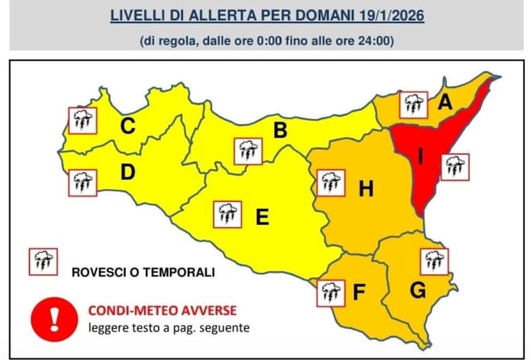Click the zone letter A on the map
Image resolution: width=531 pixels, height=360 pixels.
pyautogui.click(x=445, y=103)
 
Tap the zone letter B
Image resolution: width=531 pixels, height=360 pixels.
pyautogui.click(x=280, y=130)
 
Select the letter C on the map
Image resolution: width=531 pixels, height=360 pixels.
pyautogui.click(x=127, y=127)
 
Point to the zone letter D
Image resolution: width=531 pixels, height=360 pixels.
pyautogui.click(x=127, y=172)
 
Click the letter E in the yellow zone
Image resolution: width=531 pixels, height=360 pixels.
pyautogui.click(x=262, y=218)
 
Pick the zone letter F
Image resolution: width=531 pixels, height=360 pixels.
pyautogui.click(x=359, y=292)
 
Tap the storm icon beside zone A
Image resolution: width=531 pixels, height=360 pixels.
pyautogui.click(x=413, y=105)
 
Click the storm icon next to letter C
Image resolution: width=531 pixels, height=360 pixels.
pyautogui.click(x=83, y=120)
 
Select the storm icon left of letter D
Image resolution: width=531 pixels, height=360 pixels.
pyautogui.click(x=83, y=183)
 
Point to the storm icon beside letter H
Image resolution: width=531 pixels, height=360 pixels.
pyautogui.click(x=330, y=183)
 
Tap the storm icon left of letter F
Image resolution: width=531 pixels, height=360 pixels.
pyautogui.click(x=329, y=293)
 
